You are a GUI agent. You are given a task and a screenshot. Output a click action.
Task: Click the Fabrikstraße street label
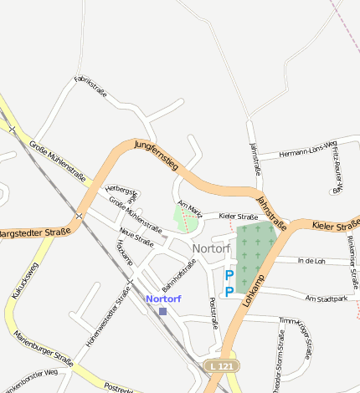point(90,87)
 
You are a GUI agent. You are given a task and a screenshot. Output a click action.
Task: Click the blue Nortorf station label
point(163,299)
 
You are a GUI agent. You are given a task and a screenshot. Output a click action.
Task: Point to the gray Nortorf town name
point(210,248)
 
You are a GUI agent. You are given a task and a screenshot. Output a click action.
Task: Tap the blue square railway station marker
point(162,311)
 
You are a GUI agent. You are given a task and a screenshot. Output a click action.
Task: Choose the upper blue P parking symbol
point(229,274)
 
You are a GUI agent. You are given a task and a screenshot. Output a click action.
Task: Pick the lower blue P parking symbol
point(229,290)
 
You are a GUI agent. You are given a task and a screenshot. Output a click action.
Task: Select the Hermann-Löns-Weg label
point(307,149)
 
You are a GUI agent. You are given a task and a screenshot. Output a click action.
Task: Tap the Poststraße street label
point(213,312)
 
